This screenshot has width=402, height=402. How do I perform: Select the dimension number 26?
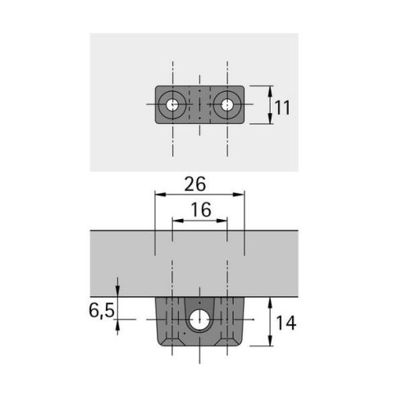coord(195,182)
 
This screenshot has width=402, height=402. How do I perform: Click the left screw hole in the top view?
coord(171,105)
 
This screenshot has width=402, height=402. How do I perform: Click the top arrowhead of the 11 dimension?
coord(271,89)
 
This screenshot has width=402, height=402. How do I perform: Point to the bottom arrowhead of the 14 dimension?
coord(271,347)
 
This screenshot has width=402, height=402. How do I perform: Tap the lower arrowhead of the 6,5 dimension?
coord(120,322)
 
